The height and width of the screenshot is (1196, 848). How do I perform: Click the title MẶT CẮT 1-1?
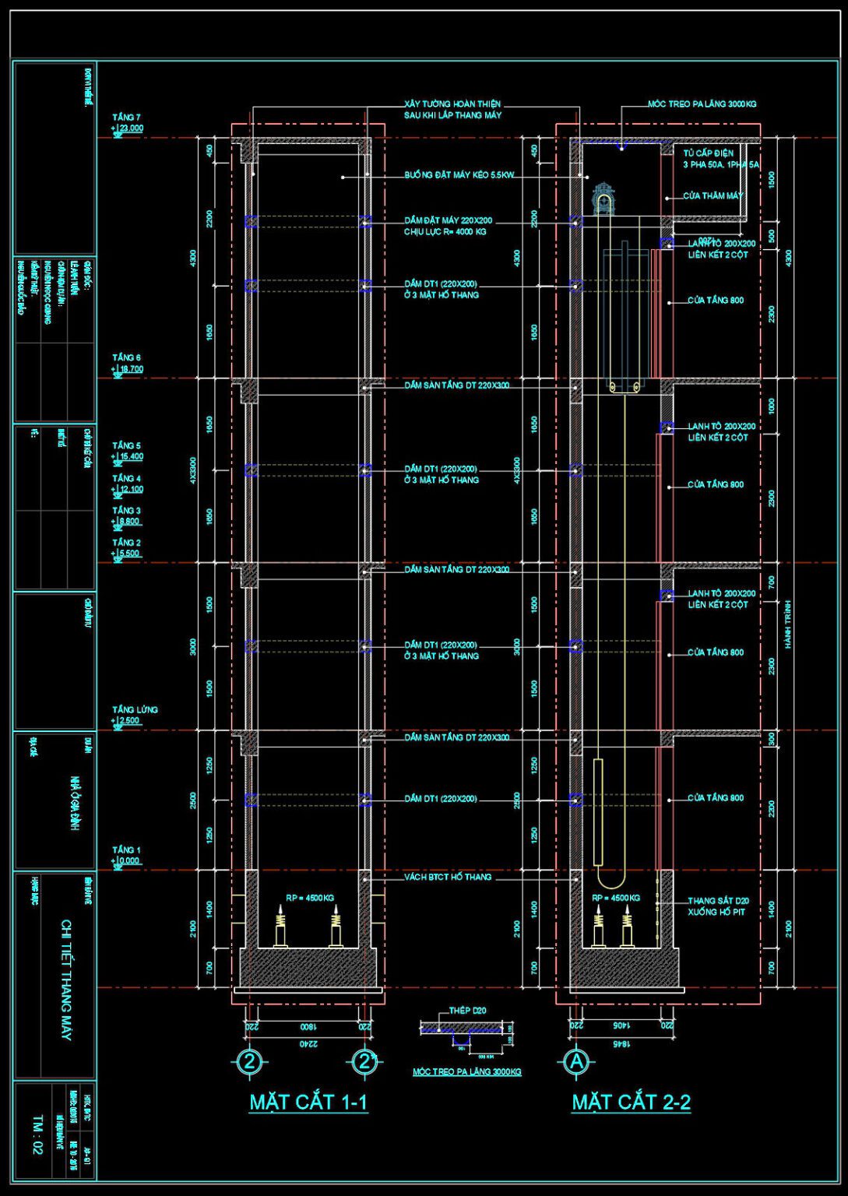(x=308, y=1102)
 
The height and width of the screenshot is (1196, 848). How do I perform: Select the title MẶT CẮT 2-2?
(x=631, y=1102)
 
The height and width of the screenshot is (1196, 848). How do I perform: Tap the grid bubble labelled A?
(x=576, y=1061)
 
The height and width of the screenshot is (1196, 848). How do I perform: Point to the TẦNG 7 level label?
(x=126, y=118)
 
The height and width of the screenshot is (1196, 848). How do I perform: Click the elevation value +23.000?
(x=128, y=128)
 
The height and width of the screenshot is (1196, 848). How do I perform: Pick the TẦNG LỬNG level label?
(x=135, y=709)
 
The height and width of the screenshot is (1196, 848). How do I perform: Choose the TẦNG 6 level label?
(x=126, y=357)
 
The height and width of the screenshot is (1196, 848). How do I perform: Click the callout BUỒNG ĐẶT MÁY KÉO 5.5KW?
(x=459, y=176)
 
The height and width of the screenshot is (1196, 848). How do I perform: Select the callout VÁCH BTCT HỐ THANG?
(x=448, y=878)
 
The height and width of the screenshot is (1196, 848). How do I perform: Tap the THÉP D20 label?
(x=467, y=1011)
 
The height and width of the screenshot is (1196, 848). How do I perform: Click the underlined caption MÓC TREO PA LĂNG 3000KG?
(x=467, y=1072)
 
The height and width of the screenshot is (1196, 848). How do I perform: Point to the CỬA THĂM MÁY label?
(x=713, y=196)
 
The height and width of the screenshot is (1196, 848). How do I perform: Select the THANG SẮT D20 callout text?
(x=718, y=901)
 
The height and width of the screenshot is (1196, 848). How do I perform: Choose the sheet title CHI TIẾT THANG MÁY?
(x=67, y=980)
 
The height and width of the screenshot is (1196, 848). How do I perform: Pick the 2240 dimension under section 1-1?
(x=309, y=1043)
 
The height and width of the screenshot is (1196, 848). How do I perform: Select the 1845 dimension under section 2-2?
(x=621, y=1043)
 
